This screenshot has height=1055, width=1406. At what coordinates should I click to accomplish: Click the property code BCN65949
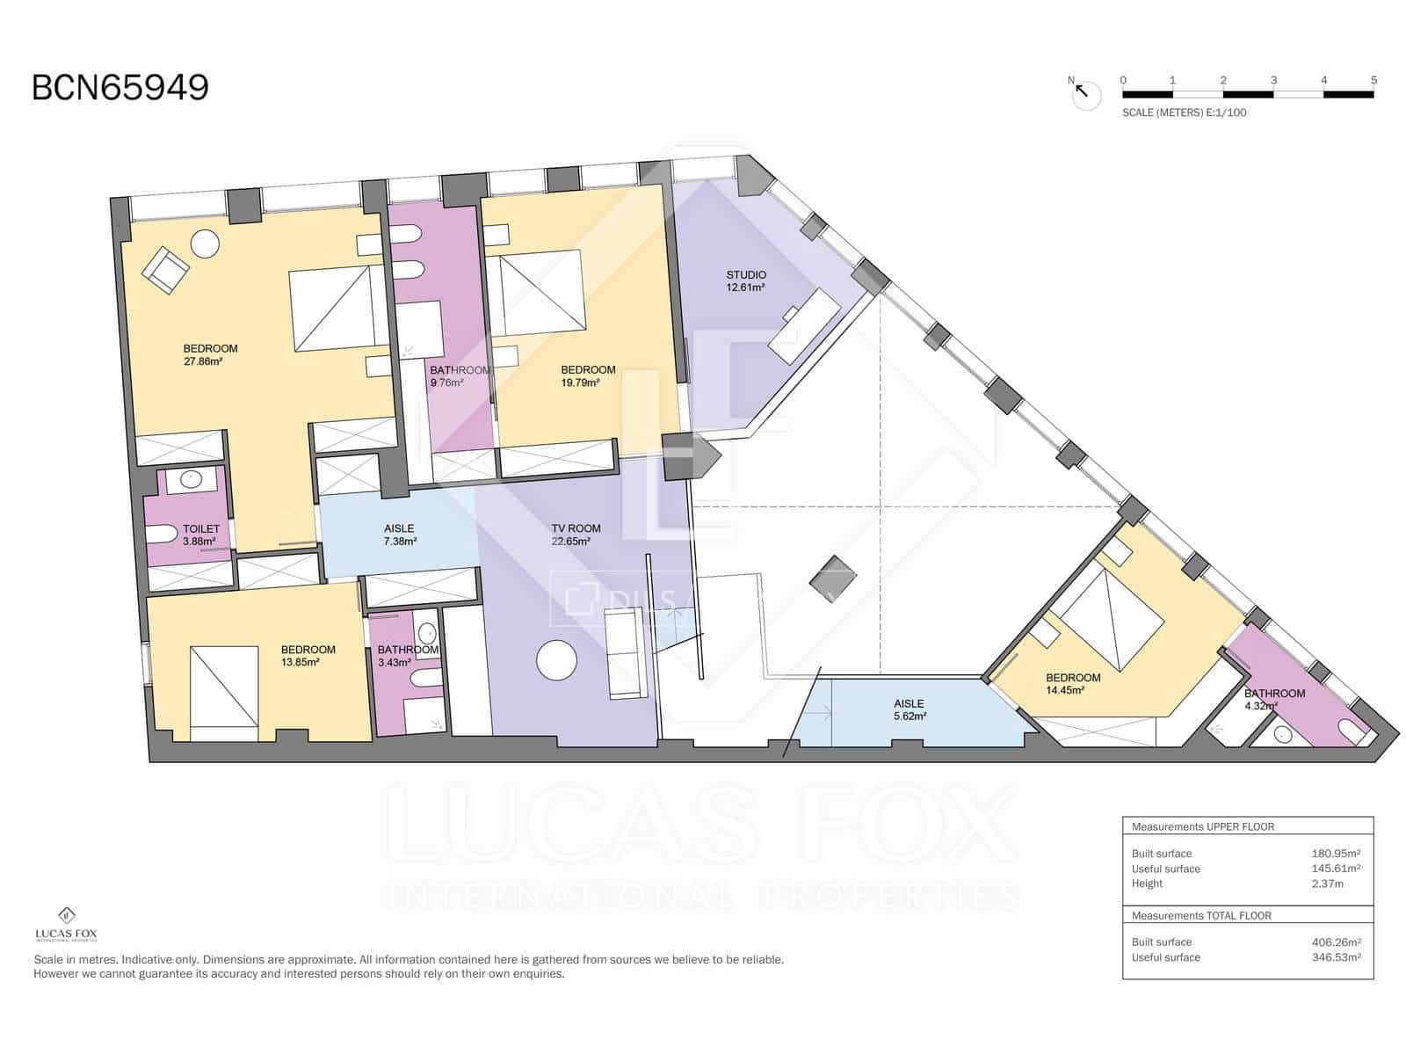point(120,88)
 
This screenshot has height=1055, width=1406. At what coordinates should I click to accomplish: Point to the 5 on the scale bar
point(1373,80)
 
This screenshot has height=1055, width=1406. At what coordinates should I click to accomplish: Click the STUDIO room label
point(745,275)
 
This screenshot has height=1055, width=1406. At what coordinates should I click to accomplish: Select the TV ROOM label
point(576,528)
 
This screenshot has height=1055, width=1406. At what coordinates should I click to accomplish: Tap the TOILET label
point(201,529)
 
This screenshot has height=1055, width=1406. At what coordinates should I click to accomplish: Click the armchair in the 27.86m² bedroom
point(166,268)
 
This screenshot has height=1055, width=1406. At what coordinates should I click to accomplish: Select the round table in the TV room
point(557,659)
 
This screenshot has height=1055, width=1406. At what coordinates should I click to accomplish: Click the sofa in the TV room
point(625,654)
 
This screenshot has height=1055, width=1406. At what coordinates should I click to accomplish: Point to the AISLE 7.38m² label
point(400,529)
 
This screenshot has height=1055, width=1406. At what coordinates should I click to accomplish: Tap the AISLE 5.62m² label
point(909,703)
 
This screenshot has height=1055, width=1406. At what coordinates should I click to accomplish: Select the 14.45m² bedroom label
point(1072,678)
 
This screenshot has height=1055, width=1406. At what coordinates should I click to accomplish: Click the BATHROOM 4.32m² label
point(1274,694)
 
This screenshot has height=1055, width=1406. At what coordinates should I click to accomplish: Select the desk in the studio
point(804,325)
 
